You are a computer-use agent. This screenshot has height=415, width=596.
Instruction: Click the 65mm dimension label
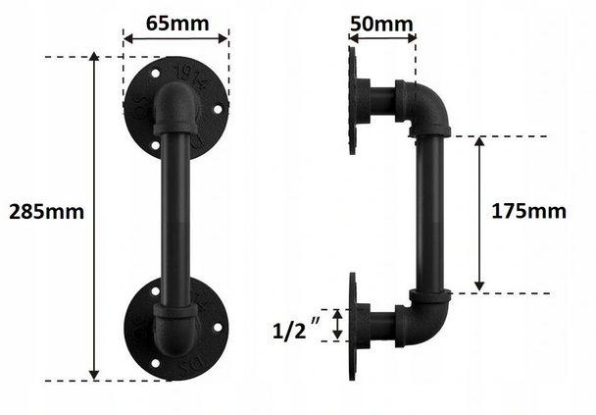point(177,24)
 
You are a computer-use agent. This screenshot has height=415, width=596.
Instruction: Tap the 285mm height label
point(46,212)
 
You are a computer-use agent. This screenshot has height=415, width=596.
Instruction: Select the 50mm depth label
point(381,25)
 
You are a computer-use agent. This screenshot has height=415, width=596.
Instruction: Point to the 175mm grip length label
point(528,211)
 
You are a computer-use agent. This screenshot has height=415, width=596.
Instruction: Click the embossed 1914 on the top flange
point(191,78)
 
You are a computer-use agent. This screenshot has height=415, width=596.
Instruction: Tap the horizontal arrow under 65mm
point(175,38)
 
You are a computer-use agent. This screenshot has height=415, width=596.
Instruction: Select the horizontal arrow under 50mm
point(382,38)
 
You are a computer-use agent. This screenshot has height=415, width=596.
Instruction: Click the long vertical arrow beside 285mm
point(94,216)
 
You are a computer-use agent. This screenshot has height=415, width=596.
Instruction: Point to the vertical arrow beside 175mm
point(479,214)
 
